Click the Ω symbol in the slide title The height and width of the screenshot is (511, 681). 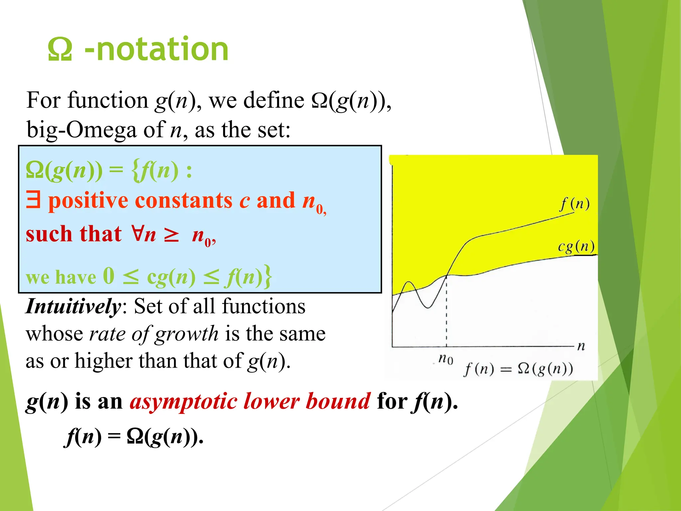[60, 49]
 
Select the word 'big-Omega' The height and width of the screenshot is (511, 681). [81, 130]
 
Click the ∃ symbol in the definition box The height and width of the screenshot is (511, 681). [33, 200]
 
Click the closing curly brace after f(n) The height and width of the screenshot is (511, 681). [268, 276]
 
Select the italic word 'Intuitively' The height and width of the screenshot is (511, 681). [73, 306]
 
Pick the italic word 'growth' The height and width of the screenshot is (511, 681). [187, 334]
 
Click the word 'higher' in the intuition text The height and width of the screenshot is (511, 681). [103, 361]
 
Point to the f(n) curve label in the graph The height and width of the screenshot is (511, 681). [575, 204]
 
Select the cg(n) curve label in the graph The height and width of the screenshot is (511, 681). [576, 247]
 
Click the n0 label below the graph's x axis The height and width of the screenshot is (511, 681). [446, 359]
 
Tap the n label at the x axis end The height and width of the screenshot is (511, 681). [581, 346]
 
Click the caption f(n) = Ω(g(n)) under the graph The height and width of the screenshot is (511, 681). [518, 369]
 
